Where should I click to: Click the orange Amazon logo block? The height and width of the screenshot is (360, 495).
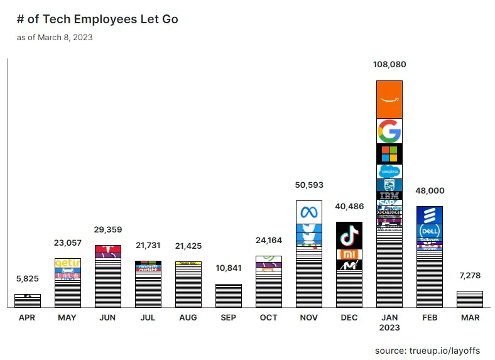click(x=389, y=99)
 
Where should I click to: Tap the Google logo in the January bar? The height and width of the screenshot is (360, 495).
click(x=389, y=131)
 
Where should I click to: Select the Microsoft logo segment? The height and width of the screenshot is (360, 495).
click(x=389, y=154)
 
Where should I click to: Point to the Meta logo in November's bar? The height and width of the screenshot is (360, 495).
click(x=309, y=212)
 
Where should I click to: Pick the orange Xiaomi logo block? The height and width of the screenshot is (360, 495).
click(x=349, y=254)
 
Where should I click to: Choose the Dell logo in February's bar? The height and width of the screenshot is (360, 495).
click(x=430, y=231)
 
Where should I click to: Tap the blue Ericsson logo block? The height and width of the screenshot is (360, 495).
click(x=430, y=214)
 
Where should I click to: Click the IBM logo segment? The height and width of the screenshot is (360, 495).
click(x=389, y=195)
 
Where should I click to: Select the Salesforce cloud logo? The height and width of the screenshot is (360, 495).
click(x=389, y=171)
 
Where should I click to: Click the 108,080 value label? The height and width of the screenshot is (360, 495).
click(x=389, y=64)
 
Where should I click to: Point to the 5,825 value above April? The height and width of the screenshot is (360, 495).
click(x=27, y=278)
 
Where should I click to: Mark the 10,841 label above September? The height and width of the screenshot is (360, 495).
click(x=229, y=268)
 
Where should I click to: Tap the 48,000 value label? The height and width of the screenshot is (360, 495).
click(x=430, y=191)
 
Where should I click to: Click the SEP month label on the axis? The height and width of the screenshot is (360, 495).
click(x=229, y=318)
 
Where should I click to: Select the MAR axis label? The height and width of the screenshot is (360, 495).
click(x=470, y=318)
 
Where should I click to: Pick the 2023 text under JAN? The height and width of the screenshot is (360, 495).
click(x=389, y=327)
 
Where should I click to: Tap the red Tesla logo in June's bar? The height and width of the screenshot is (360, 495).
click(x=107, y=249)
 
